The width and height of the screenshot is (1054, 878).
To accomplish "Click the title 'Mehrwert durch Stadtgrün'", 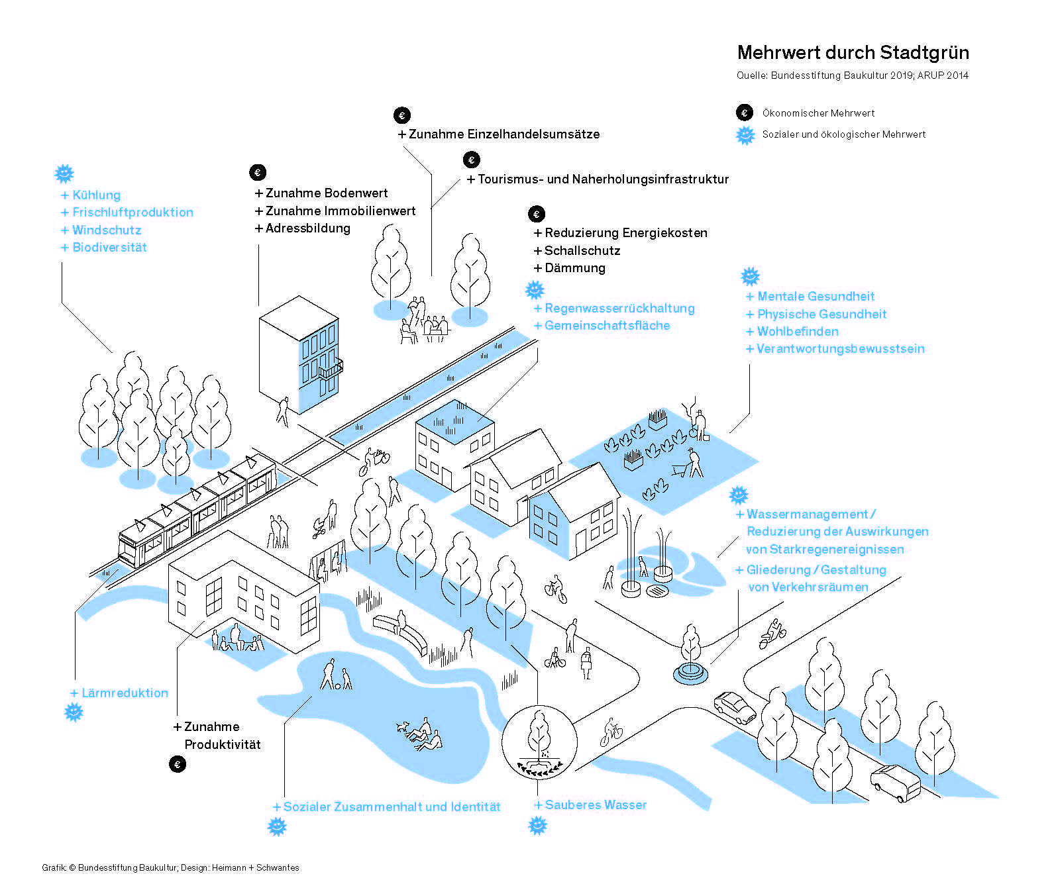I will [x=853, y=53].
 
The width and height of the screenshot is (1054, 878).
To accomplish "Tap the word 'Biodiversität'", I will [x=109, y=248].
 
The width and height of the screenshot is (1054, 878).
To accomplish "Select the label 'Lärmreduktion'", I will [x=125, y=693].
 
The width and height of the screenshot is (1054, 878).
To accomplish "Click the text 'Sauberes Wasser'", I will [x=596, y=805].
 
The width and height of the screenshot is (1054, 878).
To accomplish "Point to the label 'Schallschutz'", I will [x=582, y=251].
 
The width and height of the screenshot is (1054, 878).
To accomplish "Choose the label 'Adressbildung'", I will [x=307, y=228].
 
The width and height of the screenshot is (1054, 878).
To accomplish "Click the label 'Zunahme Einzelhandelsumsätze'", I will [x=503, y=134].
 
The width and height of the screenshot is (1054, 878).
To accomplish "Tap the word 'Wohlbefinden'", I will [x=798, y=332].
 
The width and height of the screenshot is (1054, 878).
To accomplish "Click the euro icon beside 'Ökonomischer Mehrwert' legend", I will [x=745, y=113].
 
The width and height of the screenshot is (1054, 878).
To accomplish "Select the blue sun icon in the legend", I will [x=745, y=134].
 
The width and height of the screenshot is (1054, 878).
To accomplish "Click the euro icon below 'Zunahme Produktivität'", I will [x=178, y=764].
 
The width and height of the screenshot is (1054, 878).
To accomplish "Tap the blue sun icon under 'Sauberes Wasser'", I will [x=538, y=826].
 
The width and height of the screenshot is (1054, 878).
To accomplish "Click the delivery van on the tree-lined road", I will [x=895, y=783].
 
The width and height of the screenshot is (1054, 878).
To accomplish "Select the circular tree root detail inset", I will [x=539, y=742].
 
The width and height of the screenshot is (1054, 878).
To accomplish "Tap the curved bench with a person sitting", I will [x=401, y=631].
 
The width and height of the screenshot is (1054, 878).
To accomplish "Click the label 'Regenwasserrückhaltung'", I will [x=619, y=309].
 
